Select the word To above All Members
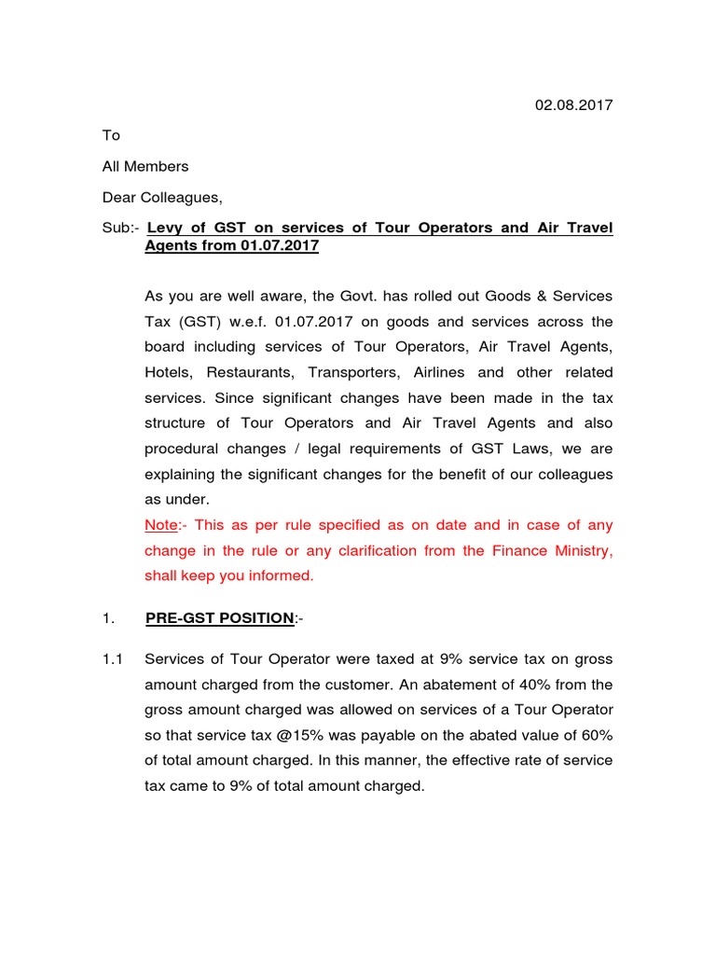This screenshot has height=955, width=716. (111, 136)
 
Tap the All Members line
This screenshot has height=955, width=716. (145, 167)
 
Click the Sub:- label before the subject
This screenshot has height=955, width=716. (120, 228)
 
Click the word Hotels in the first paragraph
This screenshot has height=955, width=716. (169, 373)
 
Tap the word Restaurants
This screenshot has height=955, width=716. (251, 373)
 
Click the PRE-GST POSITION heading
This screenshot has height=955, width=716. (217, 617)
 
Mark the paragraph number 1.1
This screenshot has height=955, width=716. (113, 659)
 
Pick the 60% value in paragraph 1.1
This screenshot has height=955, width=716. (596, 735)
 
